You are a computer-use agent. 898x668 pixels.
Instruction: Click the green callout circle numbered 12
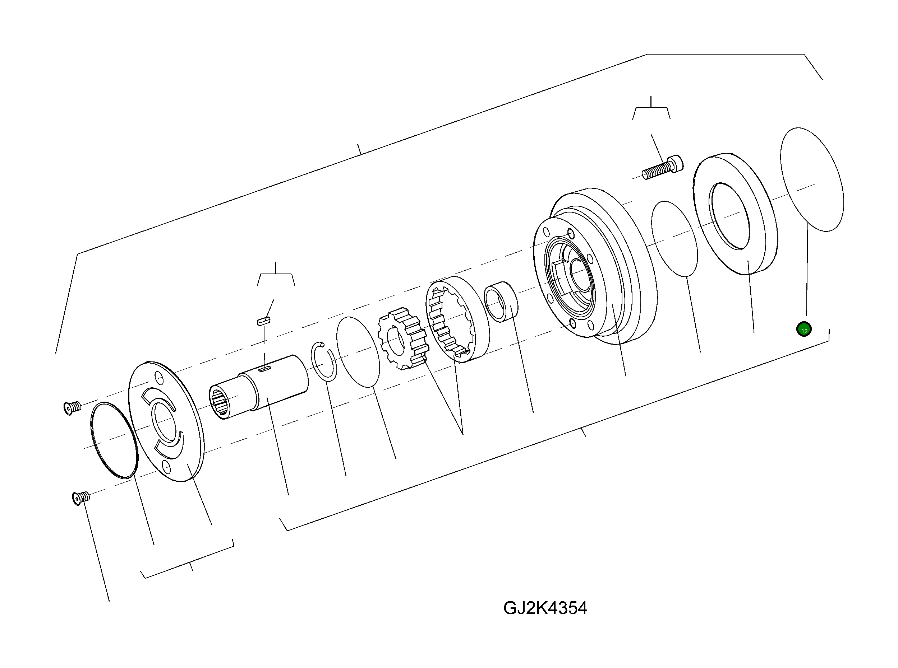click(x=804, y=330)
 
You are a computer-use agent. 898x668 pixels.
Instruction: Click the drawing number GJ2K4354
click(x=545, y=608)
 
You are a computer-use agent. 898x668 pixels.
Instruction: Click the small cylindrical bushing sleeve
click(x=501, y=301)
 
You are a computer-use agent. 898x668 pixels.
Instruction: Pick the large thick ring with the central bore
click(x=736, y=214)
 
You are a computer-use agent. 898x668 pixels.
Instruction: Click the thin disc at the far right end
click(x=812, y=179)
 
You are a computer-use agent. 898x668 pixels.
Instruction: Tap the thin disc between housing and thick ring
click(x=674, y=239)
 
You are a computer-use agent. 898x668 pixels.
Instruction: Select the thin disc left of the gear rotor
click(x=358, y=352)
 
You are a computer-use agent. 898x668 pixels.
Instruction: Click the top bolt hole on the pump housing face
click(x=571, y=233)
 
